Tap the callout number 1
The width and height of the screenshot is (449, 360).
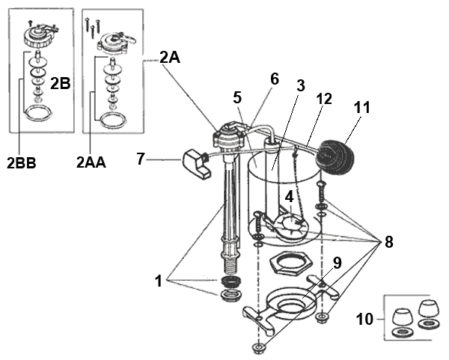(159, 283)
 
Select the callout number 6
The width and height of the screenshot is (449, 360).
(274, 78)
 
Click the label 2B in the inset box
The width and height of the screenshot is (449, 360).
(60, 85)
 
